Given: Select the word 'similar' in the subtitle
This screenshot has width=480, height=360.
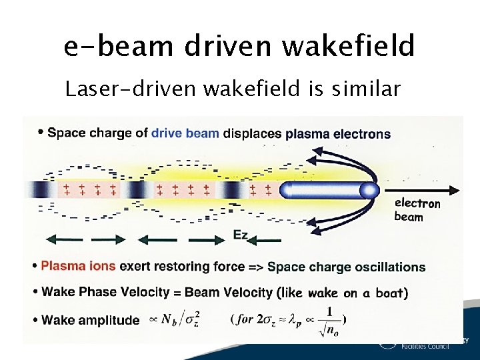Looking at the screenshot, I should [364, 89].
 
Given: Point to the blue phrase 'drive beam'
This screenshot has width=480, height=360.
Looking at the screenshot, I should [185, 133].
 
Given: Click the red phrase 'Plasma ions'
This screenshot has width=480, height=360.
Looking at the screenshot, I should [79, 267].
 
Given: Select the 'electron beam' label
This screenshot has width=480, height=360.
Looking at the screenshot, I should [417, 209].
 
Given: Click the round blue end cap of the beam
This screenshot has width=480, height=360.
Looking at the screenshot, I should [367, 191].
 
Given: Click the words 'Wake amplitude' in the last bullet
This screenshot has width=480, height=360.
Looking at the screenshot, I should [91, 320].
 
